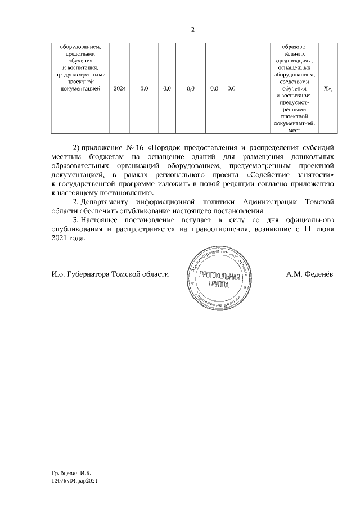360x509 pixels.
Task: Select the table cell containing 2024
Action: pyautogui.click(x=119, y=89)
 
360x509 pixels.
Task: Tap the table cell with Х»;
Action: pyautogui.click(x=328, y=89)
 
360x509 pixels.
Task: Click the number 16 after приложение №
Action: pyautogui.click(x=138, y=147)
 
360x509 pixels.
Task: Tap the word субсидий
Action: pyautogui.click(x=317, y=147)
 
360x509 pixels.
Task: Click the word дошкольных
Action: pyautogui.click(x=314, y=157)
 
